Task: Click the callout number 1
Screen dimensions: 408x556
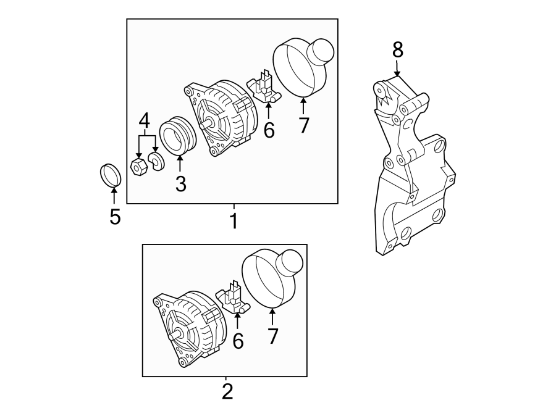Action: coord(234,220)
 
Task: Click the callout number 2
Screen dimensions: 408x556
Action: coord(227,391)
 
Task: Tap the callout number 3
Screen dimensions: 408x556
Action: coord(180,183)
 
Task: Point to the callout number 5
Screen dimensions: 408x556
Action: coord(115,217)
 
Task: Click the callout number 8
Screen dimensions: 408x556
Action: coord(397,49)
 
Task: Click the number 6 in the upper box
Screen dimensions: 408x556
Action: coord(268,130)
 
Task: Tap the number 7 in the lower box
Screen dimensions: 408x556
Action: coord(272,336)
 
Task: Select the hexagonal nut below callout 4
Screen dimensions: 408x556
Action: coord(139,166)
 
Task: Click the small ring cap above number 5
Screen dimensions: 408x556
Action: coord(110,174)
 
